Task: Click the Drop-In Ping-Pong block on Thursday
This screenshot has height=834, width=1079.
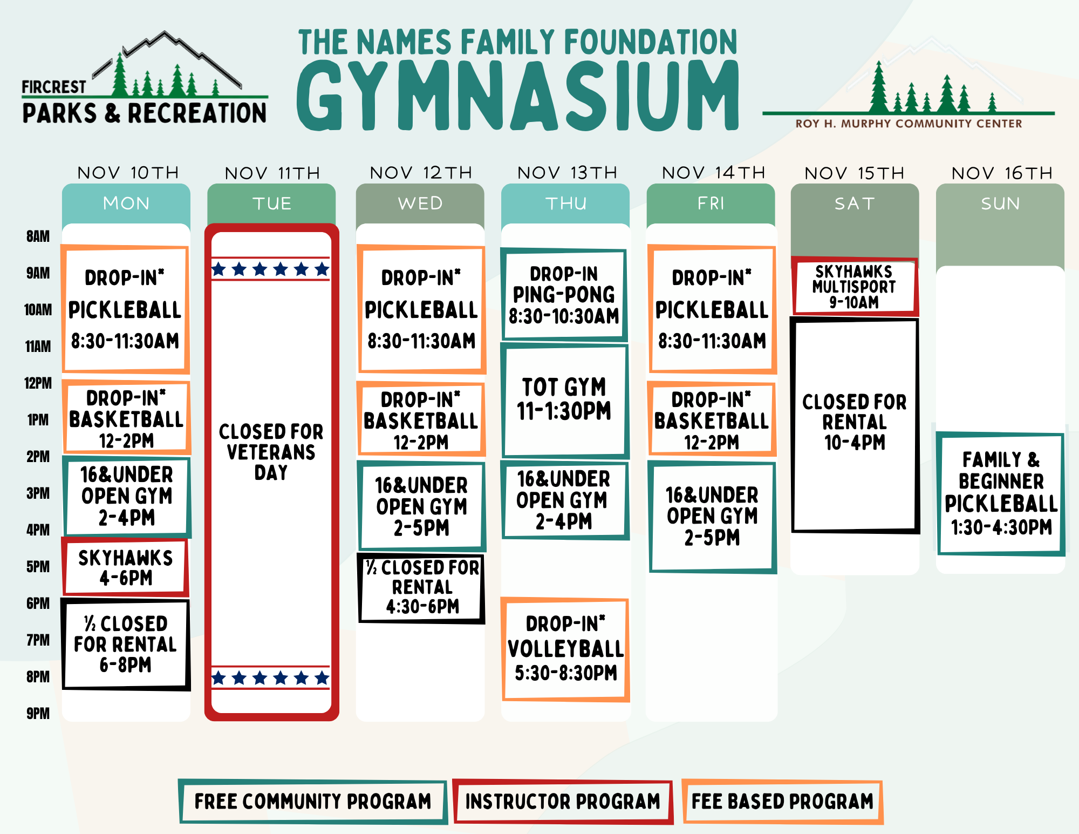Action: point(564,295)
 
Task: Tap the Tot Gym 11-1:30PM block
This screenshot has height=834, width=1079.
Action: point(564,400)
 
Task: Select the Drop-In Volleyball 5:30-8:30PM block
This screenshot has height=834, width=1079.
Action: point(565,649)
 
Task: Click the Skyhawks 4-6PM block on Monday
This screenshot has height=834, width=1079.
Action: point(126,567)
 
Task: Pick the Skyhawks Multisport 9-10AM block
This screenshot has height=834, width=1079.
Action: point(854,287)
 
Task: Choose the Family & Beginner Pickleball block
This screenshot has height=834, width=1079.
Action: point(1001,493)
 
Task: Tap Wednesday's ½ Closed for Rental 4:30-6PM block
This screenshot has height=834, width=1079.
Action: point(421,587)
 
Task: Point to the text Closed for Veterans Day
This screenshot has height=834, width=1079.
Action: point(271,452)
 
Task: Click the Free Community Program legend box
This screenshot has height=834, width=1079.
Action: point(313,802)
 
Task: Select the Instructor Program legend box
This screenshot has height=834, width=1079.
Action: point(563,802)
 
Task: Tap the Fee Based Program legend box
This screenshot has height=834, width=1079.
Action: point(782,802)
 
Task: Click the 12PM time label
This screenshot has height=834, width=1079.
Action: point(38,383)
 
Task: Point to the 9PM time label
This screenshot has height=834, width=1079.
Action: point(38,714)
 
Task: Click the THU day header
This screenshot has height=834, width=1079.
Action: point(565,204)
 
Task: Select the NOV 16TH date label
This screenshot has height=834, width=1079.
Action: point(1002,173)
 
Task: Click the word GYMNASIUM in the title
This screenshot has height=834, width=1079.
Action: point(518,96)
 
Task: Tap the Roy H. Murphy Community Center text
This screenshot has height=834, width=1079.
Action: point(909,124)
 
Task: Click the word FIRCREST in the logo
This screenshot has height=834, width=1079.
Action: point(53,87)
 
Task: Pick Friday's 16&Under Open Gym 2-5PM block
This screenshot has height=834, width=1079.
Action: point(712,516)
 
